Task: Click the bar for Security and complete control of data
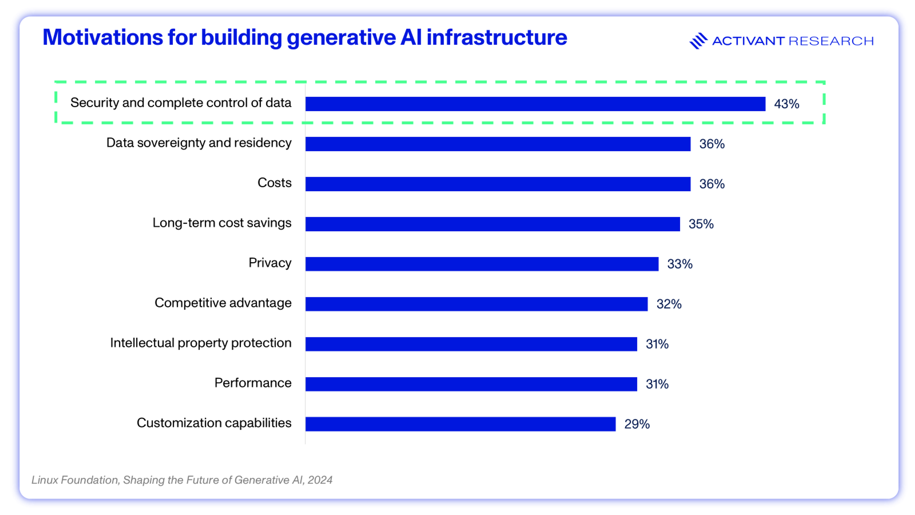coord(535,104)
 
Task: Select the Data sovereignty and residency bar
coord(498,144)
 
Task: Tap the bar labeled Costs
coord(498,184)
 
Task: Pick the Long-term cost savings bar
coord(492,224)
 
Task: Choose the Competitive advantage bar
coord(476,304)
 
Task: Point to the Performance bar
coord(471,384)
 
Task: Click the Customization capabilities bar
coord(460,424)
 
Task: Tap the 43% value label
coord(786,104)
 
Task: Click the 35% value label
coord(701,224)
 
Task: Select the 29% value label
coord(637,424)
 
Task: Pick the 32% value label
coord(669,304)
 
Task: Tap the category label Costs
coord(274,183)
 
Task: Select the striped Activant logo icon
coord(698,41)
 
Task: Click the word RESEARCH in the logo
coord(831,41)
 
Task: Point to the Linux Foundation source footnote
coord(182,480)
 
